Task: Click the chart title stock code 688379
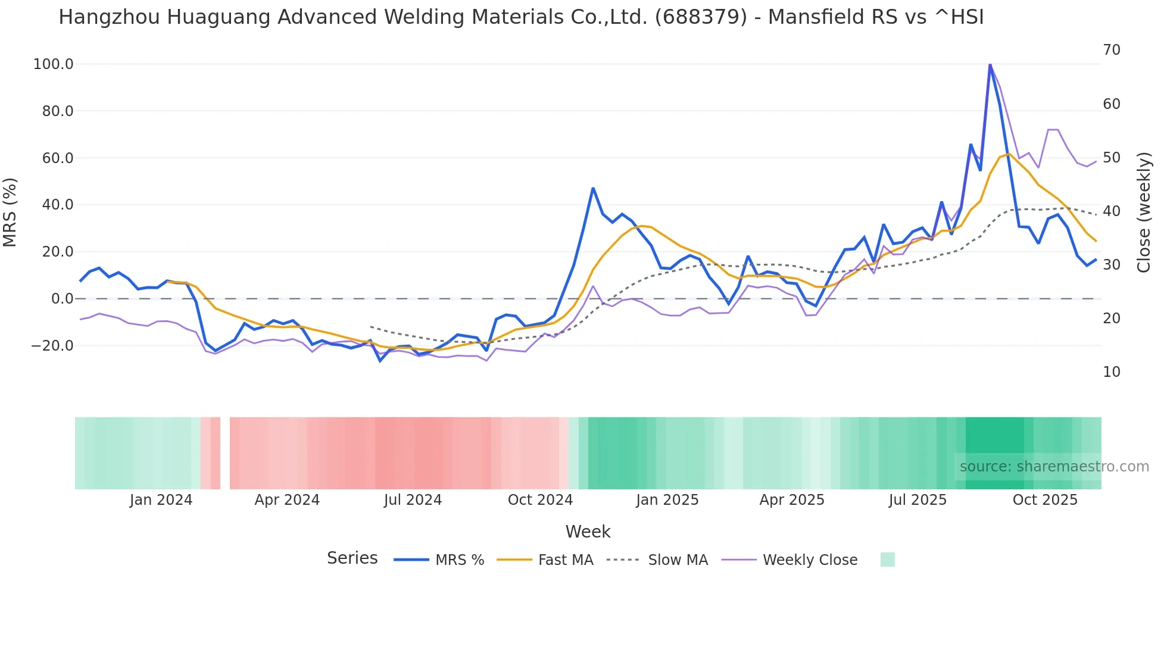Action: (x=701, y=17)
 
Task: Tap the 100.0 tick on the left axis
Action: (x=53, y=64)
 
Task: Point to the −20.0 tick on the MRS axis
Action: (x=52, y=346)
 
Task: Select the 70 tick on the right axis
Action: (x=1111, y=50)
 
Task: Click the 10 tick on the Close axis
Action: (x=1111, y=372)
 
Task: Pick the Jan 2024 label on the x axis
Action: (x=161, y=500)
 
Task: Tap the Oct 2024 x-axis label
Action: (x=540, y=500)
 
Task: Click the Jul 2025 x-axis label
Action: (x=918, y=500)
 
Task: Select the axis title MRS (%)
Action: (x=10, y=212)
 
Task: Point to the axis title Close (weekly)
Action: (x=1144, y=212)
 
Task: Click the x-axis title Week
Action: (x=588, y=532)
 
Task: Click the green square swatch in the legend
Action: (x=887, y=560)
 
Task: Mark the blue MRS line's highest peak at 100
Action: (x=990, y=65)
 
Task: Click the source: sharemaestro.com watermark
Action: (x=1054, y=467)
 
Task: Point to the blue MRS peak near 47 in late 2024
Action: (x=593, y=189)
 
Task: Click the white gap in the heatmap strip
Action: (x=225, y=453)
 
